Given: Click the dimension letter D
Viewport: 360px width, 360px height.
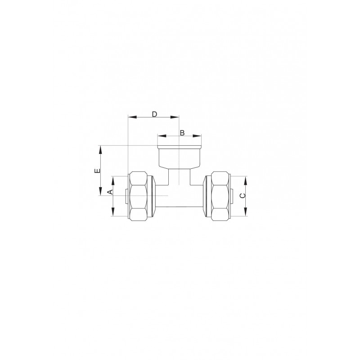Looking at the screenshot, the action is (154, 114).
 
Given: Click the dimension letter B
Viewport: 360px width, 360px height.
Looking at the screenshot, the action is (182, 133).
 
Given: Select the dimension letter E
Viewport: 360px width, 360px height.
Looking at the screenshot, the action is (98, 171).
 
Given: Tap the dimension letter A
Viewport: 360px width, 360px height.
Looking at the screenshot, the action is (111, 192).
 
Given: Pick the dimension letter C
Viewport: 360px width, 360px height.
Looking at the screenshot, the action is (243, 196).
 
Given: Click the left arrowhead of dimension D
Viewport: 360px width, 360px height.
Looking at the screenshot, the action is (132, 117).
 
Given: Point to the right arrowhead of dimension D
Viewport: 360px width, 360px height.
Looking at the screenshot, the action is (175, 117).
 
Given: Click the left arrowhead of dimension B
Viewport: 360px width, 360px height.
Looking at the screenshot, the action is (162, 136).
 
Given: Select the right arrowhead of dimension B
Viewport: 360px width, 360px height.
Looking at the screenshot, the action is (197, 136).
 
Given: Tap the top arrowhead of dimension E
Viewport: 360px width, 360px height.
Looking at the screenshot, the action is (100, 150).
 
